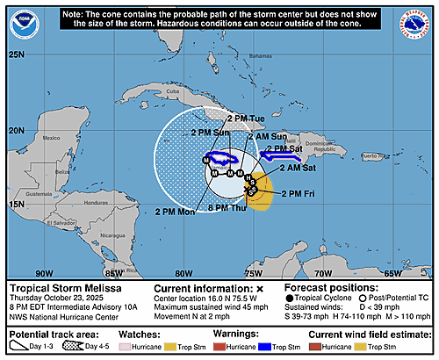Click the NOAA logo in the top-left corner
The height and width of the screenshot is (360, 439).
point(25,26)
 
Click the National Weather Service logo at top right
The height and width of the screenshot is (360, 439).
point(414,26)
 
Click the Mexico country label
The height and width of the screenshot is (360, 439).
point(52,138)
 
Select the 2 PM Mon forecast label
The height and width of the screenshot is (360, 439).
point(175,212)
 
